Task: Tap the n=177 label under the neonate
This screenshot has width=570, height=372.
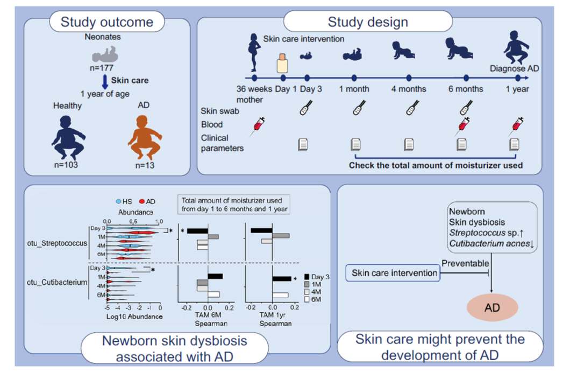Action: [x=102, y=68]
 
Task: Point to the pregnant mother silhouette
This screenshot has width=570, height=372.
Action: [x=254, y=52]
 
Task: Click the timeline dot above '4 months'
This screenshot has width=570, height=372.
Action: [x=409, y=78]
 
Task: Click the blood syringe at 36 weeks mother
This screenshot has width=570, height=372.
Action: [x=258, y=127]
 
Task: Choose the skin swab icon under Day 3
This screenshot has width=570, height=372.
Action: [x=306, y=108]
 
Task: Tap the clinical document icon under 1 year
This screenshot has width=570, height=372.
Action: [x=514, y=144]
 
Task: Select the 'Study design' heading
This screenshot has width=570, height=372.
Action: [x=368, y=22]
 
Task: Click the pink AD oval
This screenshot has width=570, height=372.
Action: [x=492, y=307]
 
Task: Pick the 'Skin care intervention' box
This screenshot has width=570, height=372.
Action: [x=393, y=272]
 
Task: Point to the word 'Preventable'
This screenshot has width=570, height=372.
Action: [x=465, y=263]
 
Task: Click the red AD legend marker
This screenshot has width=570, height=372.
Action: [x=142, y=201]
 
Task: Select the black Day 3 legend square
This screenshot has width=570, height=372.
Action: [x=307, y=277]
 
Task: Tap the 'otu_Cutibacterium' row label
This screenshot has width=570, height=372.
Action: [x=57, y=282]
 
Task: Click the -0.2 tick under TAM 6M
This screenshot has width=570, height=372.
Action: [x=187, y=308]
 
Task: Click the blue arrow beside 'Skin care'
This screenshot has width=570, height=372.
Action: [x=105, y=82]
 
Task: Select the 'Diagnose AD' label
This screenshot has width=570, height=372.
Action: [x=514, y=68]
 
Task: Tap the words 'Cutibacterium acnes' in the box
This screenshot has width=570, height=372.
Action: [x=489, y=243]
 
